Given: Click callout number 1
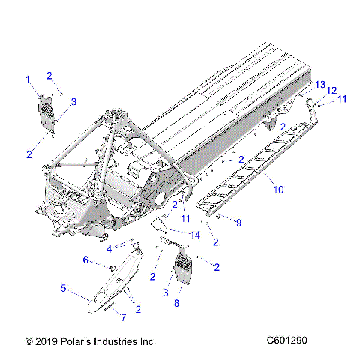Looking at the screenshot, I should coord(28,79).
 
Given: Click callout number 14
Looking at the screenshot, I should coord(196,235).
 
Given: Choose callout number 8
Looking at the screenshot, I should coord(177,303).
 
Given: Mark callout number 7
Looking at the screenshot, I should coord(124,317).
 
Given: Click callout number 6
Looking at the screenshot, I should coord(85,259).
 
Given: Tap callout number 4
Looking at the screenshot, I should coord(109,248).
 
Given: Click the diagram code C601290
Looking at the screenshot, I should coord(286,340).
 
